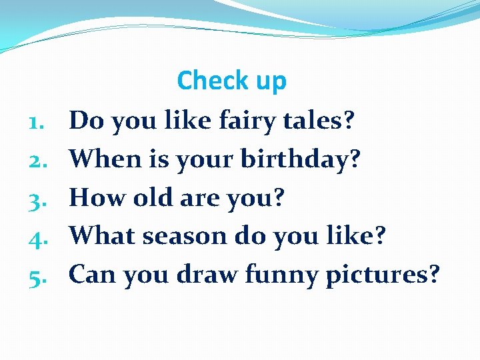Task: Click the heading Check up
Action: (x=231, y=81)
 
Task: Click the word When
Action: (x=101, y=159)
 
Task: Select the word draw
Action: (x=207, y=274)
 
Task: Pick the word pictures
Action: (x=382, y=275)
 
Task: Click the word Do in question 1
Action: (x=87, y=121)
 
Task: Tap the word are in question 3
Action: (x=200, y=198)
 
